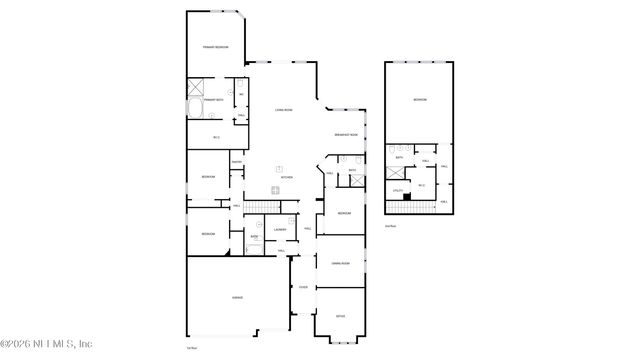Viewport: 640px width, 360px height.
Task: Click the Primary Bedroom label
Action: tap(215, 47)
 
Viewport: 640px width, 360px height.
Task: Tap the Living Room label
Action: tap(284, 111)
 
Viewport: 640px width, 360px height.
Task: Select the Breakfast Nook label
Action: tap(347, 136)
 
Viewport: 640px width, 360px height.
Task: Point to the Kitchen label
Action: tap(286, 177)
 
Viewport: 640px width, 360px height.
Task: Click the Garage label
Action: tap(238, 297)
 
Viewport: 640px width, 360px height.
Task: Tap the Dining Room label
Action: tap(340, 263)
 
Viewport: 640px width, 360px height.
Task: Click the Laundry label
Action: tap(280, 229)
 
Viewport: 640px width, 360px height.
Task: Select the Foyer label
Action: tap(303, 287)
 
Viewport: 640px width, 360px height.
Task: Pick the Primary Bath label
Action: tap(213, 100)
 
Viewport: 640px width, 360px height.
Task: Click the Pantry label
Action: tap(237, 163)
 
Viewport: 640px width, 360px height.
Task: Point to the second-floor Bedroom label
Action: tap(420, 98)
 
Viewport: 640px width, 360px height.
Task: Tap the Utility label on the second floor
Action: tap(397, 190)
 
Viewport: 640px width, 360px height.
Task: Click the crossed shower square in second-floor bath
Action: tap(397, 172)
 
